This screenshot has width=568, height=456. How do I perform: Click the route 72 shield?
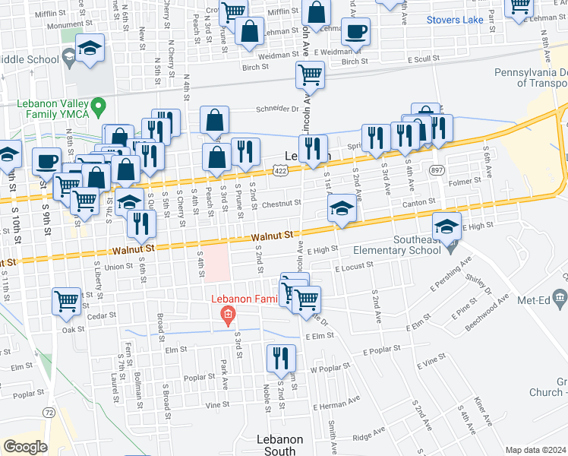point(49,412)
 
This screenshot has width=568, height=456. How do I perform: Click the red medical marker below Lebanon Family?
point(226,315)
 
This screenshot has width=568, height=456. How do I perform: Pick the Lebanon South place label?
point(279,445)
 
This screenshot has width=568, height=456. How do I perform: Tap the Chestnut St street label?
point(282,204)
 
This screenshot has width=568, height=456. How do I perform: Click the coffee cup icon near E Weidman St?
point(355,32)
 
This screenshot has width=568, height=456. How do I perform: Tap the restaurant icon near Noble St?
point(281,358)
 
